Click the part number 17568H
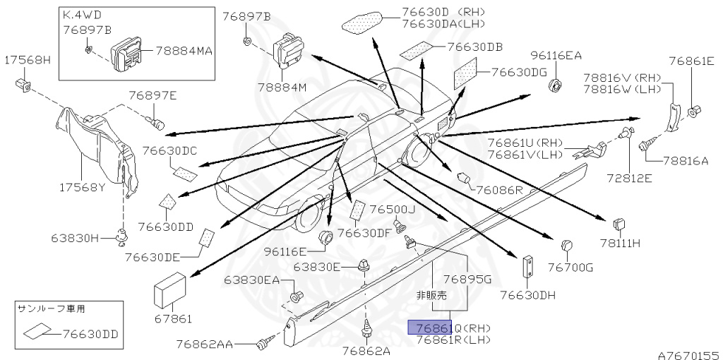pos(29,61)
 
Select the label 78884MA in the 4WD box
pos(184,51)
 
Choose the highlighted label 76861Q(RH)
pos(453,328)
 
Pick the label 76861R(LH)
pos(453,340)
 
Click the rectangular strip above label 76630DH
pos(527,267)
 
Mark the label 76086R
pos(498,190)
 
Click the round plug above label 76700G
pos(566,246)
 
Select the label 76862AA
pos(204,344)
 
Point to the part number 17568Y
pos(83,188)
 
